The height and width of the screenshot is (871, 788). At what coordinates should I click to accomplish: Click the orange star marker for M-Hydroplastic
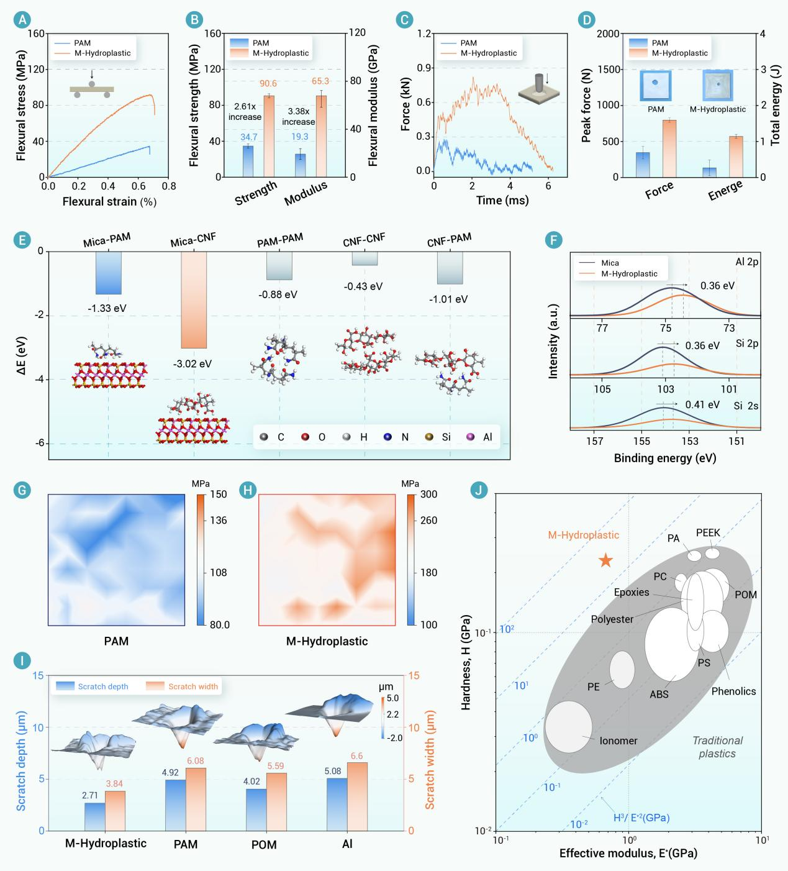[605, 561]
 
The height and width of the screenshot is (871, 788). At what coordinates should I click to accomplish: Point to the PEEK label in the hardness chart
[708, 533]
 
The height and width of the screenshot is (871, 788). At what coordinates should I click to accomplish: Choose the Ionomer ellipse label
[618, 741]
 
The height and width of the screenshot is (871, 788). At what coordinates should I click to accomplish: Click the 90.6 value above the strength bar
[269, 84]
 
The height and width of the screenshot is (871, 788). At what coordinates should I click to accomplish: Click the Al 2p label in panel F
[746, 262]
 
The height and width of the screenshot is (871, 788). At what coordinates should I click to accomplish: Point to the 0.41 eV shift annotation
[702, 404]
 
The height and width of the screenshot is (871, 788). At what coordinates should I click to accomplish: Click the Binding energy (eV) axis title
[664, 458]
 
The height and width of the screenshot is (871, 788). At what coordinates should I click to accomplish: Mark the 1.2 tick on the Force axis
[423, 34]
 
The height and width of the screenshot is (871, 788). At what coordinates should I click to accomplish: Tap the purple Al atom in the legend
[470, 437]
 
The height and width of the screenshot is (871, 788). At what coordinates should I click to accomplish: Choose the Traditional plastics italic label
[717, 747]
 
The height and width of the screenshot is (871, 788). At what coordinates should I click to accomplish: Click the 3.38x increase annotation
[298, 117]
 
